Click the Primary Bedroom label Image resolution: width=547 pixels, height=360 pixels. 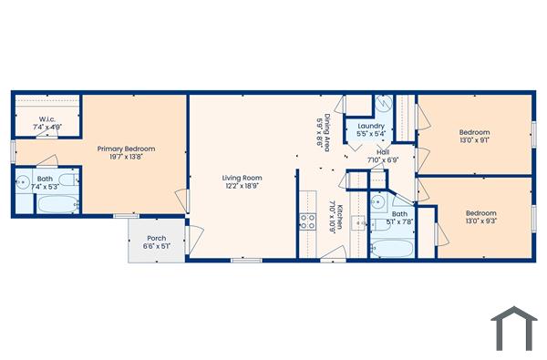pyautogui.click(x=127, y=149)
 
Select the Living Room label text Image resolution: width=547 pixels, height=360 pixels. pyautogui.click(x=243, y=178)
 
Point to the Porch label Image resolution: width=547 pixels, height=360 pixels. pyautogui.click(x=156, y=239)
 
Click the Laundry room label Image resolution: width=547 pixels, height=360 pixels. pyautogui.click(x=371, y=126)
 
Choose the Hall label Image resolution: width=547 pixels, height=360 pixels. pyautogui.click(x=383, y=152)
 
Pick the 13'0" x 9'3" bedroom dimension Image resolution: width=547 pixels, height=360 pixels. pyautogui.click(x=480, y=221)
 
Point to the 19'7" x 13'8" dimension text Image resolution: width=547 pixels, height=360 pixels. pyautogui.click(x=127, y=158)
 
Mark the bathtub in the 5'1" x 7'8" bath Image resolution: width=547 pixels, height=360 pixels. pyautogui.click(x=392, y=246)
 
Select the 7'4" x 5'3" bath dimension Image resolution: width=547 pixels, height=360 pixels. pyautogui.click(x=45, y=187)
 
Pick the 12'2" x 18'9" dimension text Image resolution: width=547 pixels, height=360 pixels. pyautogui.click(x=243, y=186)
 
